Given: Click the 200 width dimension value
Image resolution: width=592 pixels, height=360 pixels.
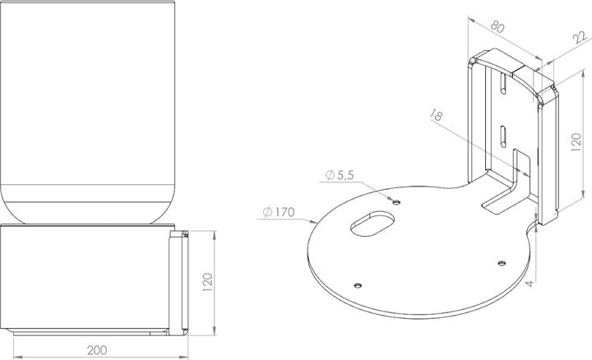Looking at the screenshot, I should (96, 349).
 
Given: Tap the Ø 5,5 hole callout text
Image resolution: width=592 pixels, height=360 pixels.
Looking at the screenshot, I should (339, 174).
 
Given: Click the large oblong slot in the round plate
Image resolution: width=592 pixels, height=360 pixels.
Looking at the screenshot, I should (372, 224).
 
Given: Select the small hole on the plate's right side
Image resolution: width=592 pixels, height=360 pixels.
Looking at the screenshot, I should (501, 262).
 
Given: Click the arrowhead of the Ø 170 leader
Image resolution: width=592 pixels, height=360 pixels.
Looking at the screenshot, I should (317, 223).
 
